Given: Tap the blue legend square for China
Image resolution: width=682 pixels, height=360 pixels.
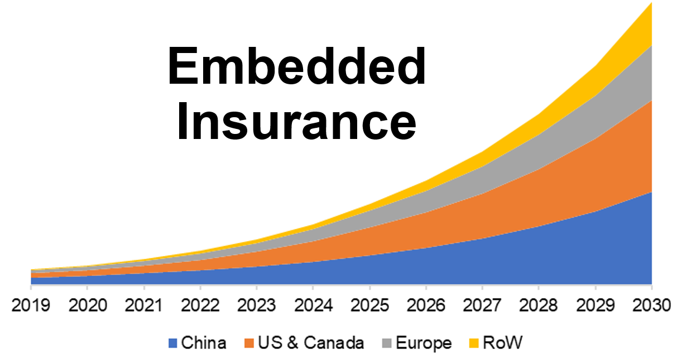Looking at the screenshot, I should (x=172, y=343).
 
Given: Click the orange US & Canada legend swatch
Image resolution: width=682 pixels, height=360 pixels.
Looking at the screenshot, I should (x=249, y=343).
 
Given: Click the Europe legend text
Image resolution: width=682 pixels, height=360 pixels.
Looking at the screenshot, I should (x=424, y=343).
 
